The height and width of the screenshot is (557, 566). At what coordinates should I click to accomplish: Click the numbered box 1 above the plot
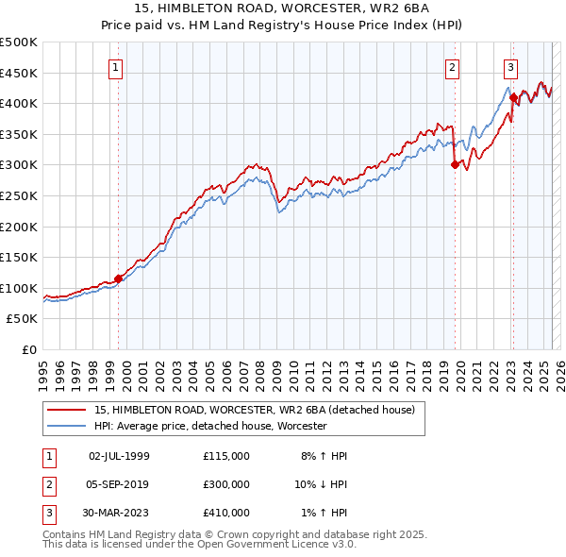coord(114,67)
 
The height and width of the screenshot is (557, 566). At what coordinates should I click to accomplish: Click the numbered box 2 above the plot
coord(452,67)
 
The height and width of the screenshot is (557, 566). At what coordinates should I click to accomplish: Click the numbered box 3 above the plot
coord(510,67)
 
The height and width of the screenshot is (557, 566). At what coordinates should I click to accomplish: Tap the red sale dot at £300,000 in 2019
coord(455,164)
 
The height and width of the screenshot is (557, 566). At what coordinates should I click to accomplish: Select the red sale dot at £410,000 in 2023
coord(513,97)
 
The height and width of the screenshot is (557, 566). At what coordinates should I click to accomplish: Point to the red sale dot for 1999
coord(118,278)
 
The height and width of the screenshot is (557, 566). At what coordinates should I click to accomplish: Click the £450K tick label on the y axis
coord(19,73)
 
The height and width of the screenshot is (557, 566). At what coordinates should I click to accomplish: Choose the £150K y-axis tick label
coord(19,257)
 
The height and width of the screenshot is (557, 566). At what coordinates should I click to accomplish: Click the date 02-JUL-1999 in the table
coord(119,456)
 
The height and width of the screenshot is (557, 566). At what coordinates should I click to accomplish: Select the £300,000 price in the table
coord(226,484)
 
